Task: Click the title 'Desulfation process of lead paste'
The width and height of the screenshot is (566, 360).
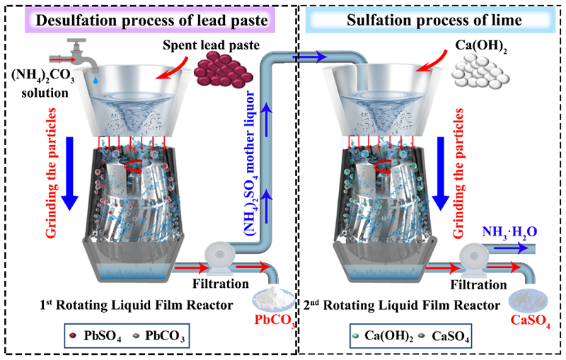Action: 151,21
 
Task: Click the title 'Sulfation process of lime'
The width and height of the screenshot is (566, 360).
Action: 434,20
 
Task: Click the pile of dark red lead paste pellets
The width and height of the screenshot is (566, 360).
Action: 224,69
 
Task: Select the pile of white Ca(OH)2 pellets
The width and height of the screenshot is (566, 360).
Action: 480,72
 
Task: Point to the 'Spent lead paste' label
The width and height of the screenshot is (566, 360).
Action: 211,45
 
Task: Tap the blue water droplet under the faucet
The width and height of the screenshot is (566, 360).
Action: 95,81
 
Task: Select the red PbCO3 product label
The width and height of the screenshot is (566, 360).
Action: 275,320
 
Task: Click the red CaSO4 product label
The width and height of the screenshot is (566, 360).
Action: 530,320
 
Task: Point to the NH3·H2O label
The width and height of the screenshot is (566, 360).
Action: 509,232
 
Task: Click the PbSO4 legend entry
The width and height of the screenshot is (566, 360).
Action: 95,336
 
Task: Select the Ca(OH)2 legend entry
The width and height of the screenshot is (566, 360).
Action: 383,336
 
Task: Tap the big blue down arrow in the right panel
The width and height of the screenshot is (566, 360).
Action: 441,173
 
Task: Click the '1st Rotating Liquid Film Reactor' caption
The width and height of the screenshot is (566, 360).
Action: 137,305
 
